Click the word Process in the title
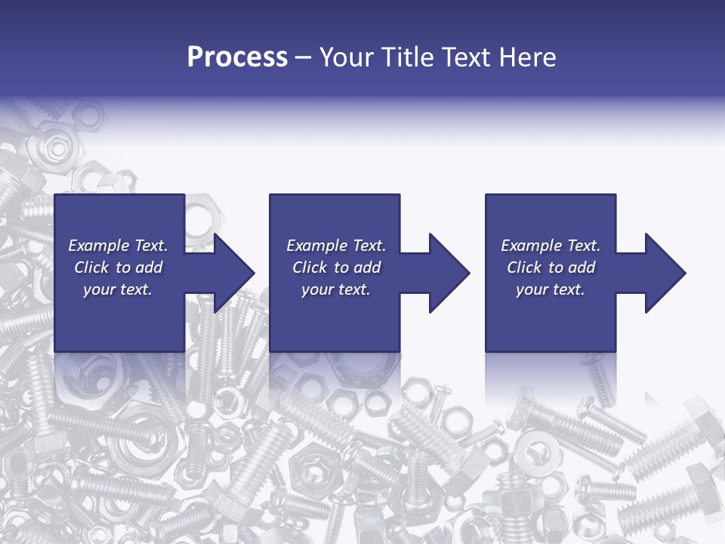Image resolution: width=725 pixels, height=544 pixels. (237, 57)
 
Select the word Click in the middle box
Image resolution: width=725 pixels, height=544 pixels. (309, 267)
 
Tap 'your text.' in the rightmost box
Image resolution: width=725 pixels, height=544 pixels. (550, 289)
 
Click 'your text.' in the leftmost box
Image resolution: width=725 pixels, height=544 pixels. (117, 289)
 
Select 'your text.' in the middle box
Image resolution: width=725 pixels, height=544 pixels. (335, 289)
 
